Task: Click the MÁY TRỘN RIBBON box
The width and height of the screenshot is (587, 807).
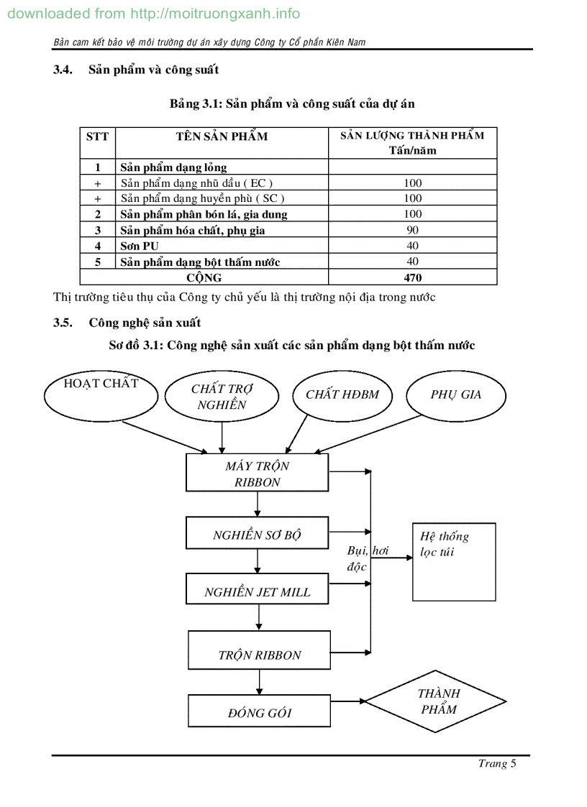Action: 257,474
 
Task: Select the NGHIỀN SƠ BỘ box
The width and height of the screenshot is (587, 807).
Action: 257,535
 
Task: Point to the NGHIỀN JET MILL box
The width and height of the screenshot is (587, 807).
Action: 257,591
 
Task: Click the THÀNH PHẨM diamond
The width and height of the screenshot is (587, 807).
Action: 438,701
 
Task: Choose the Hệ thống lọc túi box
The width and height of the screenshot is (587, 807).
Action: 453,562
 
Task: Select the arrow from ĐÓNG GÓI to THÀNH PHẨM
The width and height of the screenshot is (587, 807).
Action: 348,701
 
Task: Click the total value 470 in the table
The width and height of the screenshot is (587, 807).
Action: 412,277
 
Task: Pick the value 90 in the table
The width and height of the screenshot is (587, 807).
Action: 412,230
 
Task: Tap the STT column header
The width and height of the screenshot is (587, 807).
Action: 97,137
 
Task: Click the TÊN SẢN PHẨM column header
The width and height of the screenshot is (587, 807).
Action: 222,137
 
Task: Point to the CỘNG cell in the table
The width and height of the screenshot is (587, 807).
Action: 204,277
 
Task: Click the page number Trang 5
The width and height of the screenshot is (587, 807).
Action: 497,764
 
